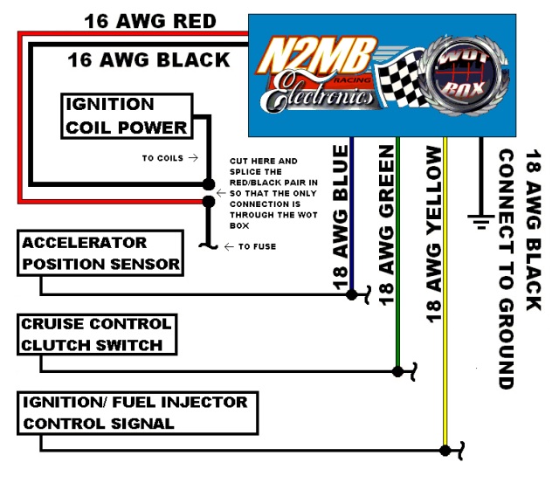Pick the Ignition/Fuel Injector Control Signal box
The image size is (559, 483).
138,413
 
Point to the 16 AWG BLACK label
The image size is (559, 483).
148,60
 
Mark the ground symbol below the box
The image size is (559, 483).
480,218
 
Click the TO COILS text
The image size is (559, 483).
169,158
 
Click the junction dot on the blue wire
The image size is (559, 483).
351,295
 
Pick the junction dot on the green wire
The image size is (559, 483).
398,371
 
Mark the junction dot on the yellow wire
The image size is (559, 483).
445,451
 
